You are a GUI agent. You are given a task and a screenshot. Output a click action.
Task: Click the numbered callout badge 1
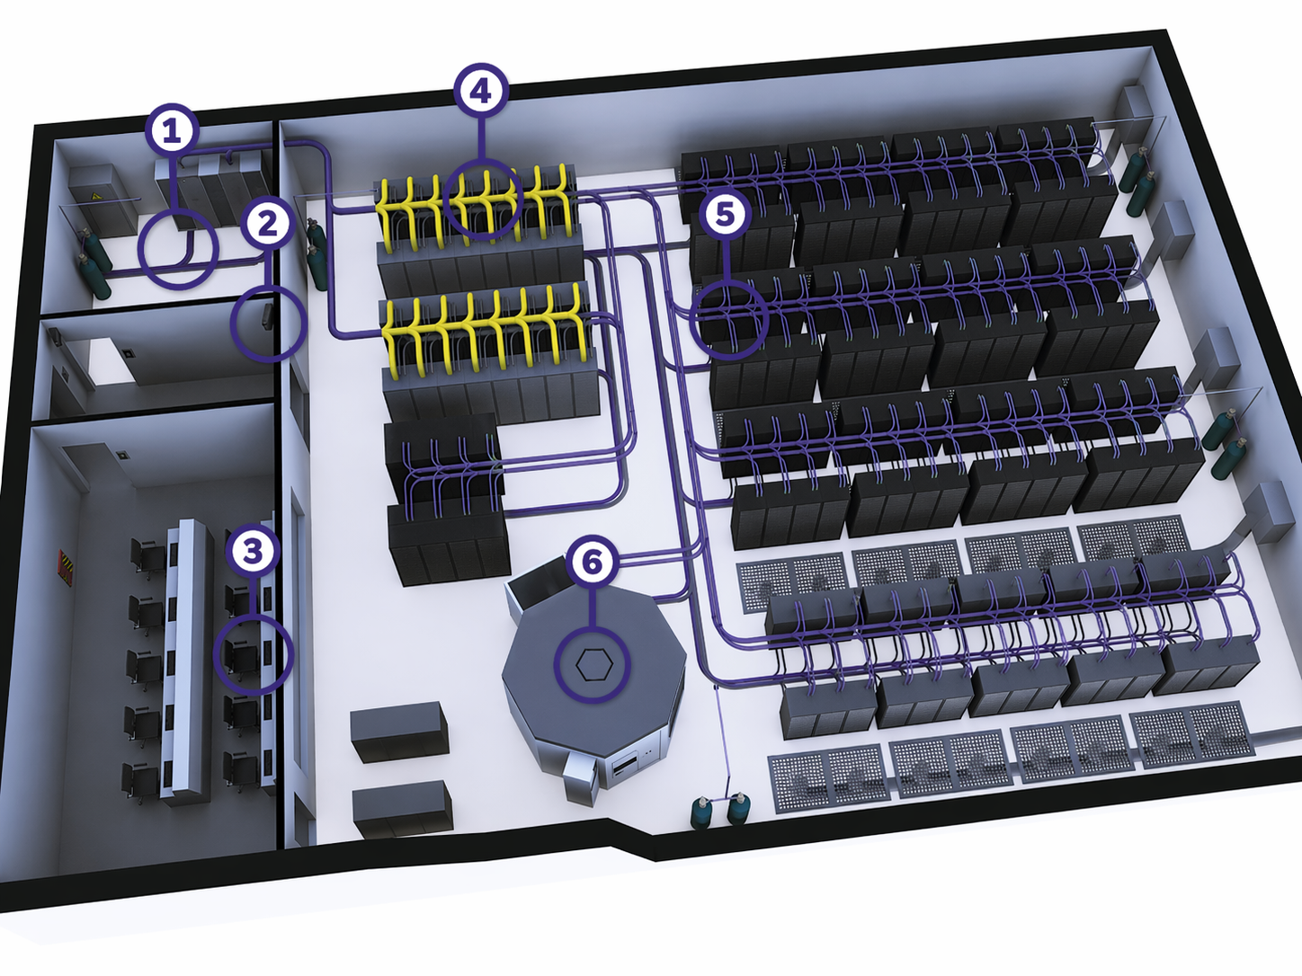pos(172,131)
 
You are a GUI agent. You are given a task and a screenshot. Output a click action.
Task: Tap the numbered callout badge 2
pos(268,225)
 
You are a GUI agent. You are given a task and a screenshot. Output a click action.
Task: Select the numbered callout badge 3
pos(254,551)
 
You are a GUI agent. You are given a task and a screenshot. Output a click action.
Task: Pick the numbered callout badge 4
pos(481,91)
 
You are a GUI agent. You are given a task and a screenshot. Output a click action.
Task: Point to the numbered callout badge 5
pos(725,214)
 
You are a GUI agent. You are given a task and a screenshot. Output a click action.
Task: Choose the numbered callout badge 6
pos(593,561)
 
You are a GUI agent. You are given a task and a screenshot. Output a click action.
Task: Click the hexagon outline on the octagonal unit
pos(593,664)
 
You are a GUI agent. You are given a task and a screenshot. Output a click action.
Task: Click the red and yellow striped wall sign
pos(65,568)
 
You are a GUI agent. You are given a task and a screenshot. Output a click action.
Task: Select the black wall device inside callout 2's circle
pos(266,317)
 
